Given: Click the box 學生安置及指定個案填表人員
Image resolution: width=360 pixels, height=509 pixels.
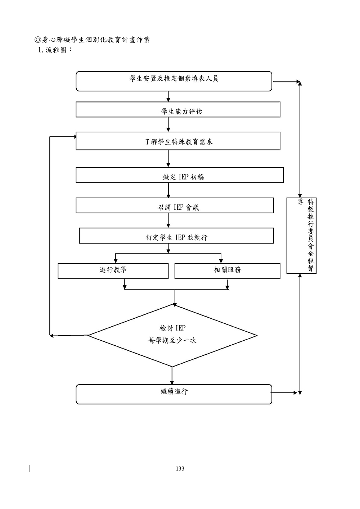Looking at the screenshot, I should (x=174, y=81).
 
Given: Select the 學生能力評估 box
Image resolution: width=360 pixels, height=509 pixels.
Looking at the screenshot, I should (x=178, y=110).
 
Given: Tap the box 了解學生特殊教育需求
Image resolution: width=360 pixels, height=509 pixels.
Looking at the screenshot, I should (x=178, y=141).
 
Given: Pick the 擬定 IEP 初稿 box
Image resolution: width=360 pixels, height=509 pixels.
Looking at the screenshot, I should (x=179, y=175).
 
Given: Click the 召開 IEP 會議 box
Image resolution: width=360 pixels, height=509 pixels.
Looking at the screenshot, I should (x=175, y=206).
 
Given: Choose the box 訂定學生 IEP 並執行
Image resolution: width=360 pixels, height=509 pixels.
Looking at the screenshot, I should (x=176, y=236).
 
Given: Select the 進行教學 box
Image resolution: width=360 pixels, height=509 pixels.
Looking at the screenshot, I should (x=113, y=271).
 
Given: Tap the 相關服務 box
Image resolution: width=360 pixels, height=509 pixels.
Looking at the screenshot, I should (x=227, y=271).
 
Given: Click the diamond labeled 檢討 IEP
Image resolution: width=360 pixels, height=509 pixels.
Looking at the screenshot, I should (x=172, y=335).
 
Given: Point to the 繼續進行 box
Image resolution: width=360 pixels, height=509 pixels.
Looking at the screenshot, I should (x=174, y=394).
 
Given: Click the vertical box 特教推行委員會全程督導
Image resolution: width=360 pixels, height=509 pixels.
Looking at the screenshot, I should (x=301, y=235).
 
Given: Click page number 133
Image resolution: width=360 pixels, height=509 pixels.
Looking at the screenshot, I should (x=180, y=469).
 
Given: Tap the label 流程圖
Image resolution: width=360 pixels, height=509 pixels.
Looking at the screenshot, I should (x=56, y=50).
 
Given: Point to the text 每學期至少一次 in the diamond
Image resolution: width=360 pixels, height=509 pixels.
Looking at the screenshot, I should (x=172, y=340).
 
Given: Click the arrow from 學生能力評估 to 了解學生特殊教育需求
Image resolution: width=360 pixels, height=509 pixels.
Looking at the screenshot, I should (x=168, y=124).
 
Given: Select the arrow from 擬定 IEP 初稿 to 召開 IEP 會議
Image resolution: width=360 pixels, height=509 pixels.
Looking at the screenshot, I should (x=168, y=190).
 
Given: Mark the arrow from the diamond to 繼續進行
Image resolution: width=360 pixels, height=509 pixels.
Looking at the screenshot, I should (x=172, y=376).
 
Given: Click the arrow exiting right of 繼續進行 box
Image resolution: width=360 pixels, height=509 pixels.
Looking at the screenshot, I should (x=285, y=393).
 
